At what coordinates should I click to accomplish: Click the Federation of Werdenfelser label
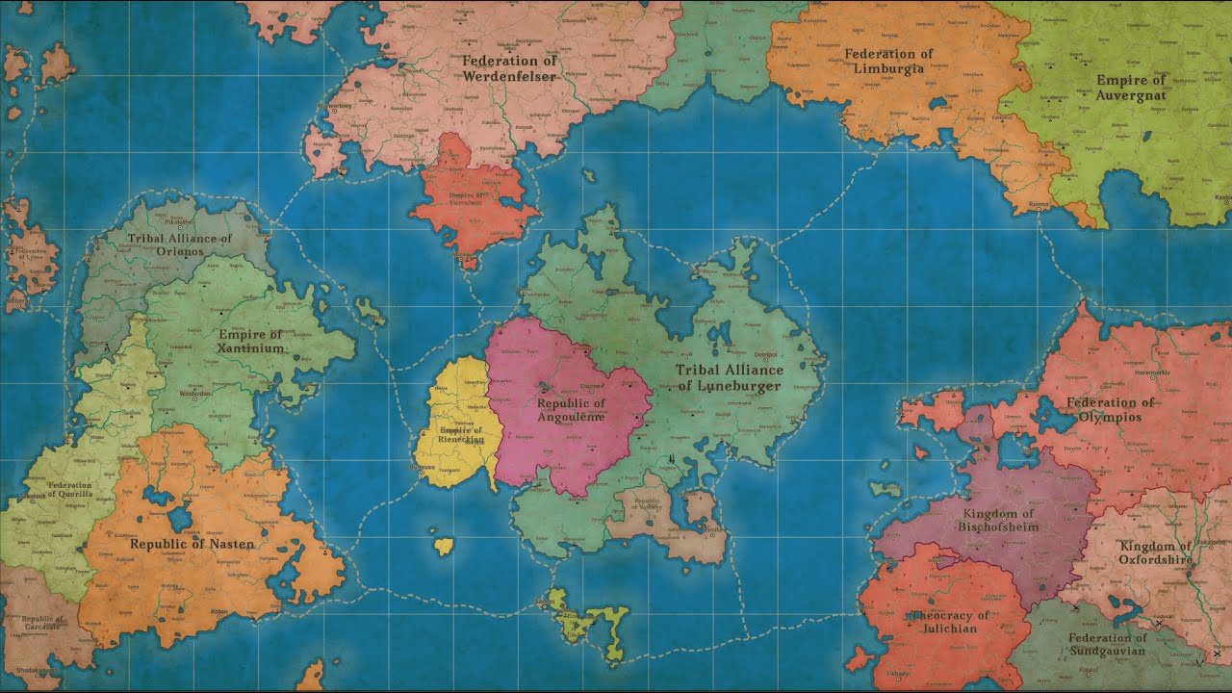pos(510,68)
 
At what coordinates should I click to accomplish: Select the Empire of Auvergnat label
pos(1131,88)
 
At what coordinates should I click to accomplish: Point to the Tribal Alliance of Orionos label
pos(180,244)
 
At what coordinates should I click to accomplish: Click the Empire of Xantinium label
pos(250,342)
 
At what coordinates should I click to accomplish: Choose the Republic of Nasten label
pos(192,544)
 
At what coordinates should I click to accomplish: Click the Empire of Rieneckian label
pos(460,434)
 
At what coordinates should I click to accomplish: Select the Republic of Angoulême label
pos(571,411)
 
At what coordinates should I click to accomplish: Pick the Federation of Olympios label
pos(1110,410)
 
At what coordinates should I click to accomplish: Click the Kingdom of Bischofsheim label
pos(998,521)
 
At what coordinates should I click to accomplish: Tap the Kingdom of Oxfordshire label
pos(1156,552)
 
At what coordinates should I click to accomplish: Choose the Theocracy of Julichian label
pos(950,622)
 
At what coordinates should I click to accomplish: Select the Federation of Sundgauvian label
pos(1107,644)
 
